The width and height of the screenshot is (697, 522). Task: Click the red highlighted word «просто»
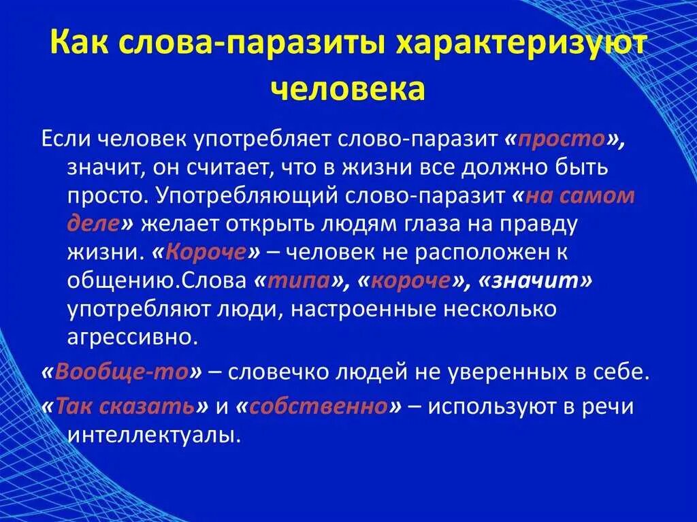[x=570, y=139]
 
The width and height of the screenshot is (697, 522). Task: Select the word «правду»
[x=533, y=225]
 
